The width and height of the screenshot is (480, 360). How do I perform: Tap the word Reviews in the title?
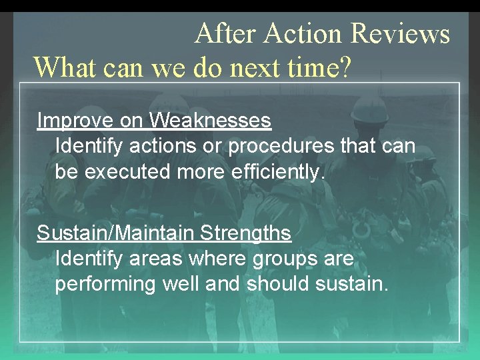pos(400,33)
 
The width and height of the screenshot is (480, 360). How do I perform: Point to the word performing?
pos(105,285)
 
